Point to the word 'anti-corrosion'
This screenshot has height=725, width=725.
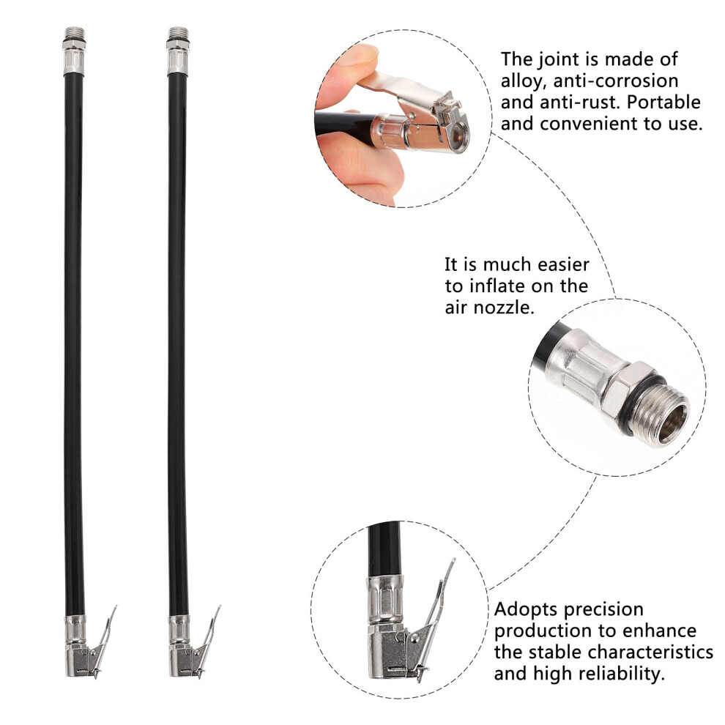616,81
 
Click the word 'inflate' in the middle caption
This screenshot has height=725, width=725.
497,286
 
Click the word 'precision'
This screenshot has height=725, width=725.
603,610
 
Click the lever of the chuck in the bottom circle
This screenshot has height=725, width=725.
437,601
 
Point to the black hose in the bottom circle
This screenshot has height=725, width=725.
384,549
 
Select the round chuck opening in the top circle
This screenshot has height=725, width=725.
458,136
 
